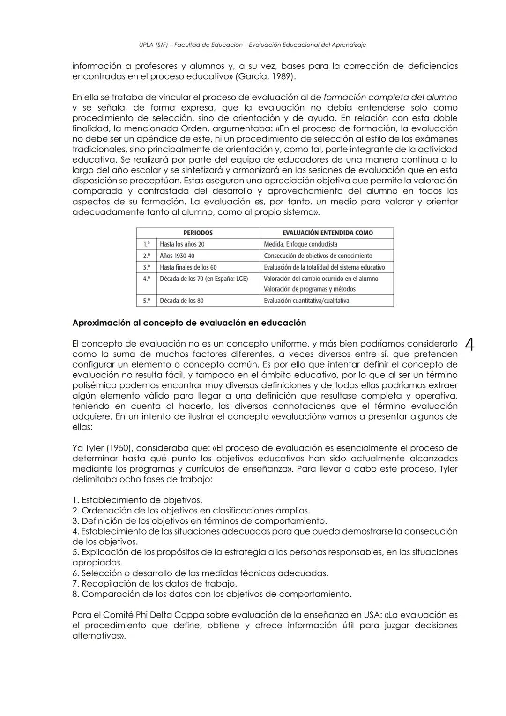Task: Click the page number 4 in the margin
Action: coord(470,345)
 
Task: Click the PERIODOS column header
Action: coord(198,233)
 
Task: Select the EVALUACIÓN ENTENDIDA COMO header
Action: coord(327,233)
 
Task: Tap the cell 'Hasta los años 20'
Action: coord(182,244)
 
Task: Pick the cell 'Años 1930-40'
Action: coord(177,256)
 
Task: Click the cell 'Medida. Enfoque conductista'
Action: coord(300,244)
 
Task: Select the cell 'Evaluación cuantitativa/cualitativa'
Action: coord(306,301)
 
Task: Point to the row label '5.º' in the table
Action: coord(147,301)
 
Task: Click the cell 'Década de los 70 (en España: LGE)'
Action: coord(204,279)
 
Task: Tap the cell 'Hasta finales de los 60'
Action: coord(188,267)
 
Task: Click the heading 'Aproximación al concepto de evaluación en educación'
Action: coord(189,323)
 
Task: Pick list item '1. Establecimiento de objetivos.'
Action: coord(137,500)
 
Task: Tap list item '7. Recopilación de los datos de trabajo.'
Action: coord(155,583)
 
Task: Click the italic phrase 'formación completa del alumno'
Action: coord(390,98)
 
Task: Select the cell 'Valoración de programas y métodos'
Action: coord(310,289)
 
